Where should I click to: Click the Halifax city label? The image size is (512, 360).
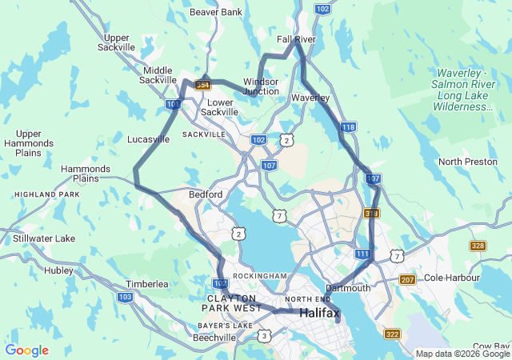(319, 314)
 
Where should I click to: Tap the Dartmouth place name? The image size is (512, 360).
(348, 288)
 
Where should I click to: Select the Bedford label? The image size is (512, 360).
(205, 194)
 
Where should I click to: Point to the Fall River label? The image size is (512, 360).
(296, 39)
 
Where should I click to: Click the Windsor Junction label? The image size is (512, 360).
(261, 86)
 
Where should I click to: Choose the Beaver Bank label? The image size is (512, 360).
(216, 13)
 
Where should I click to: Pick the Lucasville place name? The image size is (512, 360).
(148, 139)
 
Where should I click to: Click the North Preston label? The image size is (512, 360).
(468, 162)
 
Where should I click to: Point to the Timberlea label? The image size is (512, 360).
(146, 284)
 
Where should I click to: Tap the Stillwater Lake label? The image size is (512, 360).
(44, 238)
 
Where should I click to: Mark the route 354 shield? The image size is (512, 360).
(202, 85)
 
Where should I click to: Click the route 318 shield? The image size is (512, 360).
(371, 214)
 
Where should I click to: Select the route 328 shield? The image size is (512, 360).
(478, 246)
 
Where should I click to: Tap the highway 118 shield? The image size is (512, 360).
(348, 127)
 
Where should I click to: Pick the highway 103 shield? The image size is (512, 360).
(125, 297)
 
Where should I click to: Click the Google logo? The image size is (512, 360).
(26, 350)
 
